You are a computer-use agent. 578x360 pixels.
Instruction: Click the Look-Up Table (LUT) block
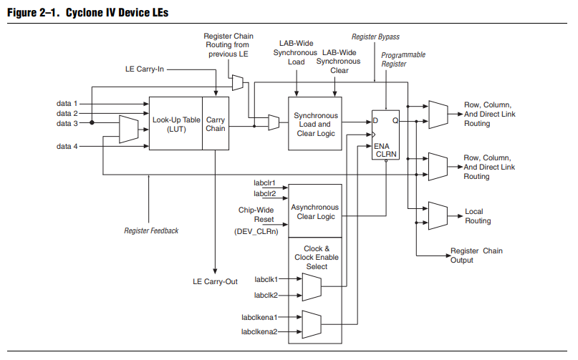coord(175,124)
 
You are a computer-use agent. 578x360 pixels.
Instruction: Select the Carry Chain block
coord(216,124)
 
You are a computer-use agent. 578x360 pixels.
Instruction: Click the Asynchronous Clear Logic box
coord(315,213)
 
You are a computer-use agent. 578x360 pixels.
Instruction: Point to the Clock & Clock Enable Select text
coord(316,258)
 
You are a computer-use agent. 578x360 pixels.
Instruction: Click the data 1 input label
coord(67,104)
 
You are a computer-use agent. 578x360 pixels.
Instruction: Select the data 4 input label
coord(67,146)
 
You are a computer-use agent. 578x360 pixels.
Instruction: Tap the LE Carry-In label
coord(145,69)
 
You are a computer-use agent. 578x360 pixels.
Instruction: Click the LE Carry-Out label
coord(216,281)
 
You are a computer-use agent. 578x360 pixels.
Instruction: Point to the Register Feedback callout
coord(151,230)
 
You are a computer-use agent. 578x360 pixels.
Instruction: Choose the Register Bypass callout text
coord(375,37)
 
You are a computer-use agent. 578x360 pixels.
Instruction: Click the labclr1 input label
coord(265,183)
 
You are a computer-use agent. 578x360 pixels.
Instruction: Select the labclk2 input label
coord(265,295)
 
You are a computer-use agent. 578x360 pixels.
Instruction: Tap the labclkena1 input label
coord(259,316)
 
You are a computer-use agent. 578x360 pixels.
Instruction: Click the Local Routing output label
coord(478,216)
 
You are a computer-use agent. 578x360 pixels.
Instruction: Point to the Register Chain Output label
coord(476,256)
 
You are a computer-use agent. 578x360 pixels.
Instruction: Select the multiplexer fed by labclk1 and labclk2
coord(312,287)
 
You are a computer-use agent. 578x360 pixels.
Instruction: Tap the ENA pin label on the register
coord(381,145)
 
